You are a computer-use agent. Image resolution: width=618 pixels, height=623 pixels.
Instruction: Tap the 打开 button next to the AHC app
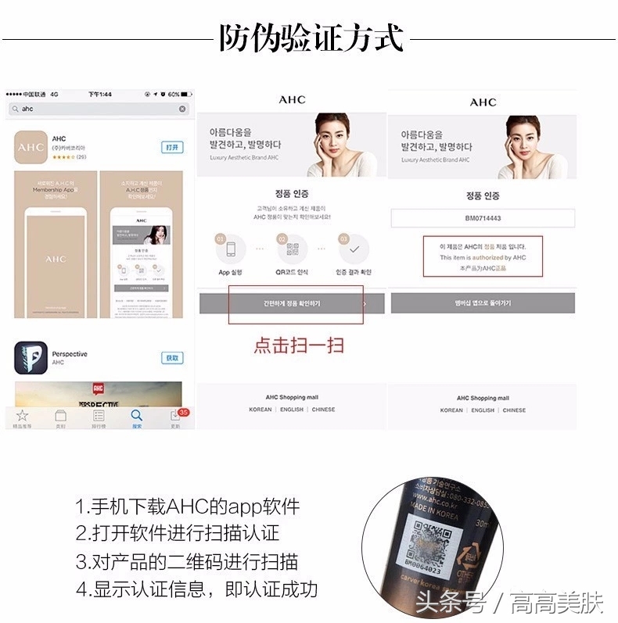click(x=172, y=147)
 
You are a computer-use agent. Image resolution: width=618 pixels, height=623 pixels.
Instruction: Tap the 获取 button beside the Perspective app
click(x=172, y=358)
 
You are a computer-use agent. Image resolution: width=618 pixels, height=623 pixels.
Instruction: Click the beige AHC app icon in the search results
click(x=31, y=147)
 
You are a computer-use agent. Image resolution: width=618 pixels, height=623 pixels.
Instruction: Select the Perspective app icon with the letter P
click(x=31, y=358)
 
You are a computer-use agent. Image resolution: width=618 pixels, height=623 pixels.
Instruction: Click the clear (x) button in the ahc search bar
click(x=182, y=109)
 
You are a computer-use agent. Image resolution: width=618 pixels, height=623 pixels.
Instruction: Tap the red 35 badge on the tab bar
click(x=183, y=412)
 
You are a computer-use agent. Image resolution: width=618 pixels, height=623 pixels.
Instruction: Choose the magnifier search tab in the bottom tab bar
click(x=137, y=417)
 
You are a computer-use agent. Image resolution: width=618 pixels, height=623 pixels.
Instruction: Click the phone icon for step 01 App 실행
click(x=231, y=249)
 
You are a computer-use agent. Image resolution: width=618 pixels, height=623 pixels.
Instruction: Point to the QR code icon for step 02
click(x=293, y=249)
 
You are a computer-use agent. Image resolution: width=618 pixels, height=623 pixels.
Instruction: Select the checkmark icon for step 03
click(x=354, y=249)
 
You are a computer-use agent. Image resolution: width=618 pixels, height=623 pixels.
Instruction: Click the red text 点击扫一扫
click(x=298, y=345)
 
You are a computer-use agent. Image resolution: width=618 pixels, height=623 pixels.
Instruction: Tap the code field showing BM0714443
click(x=483, y=218)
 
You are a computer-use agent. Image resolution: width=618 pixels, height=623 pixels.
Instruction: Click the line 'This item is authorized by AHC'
click(x=483, y=257)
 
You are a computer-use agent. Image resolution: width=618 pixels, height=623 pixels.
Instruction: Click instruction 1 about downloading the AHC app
click(x=188, y=507)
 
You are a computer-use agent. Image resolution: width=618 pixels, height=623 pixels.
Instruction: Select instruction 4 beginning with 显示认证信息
click(x=196, y=589)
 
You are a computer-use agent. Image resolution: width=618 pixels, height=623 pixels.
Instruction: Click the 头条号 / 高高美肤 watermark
click(x=509, y=603)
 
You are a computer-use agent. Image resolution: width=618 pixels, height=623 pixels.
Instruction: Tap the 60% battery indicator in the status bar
click(x=178, y=95)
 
